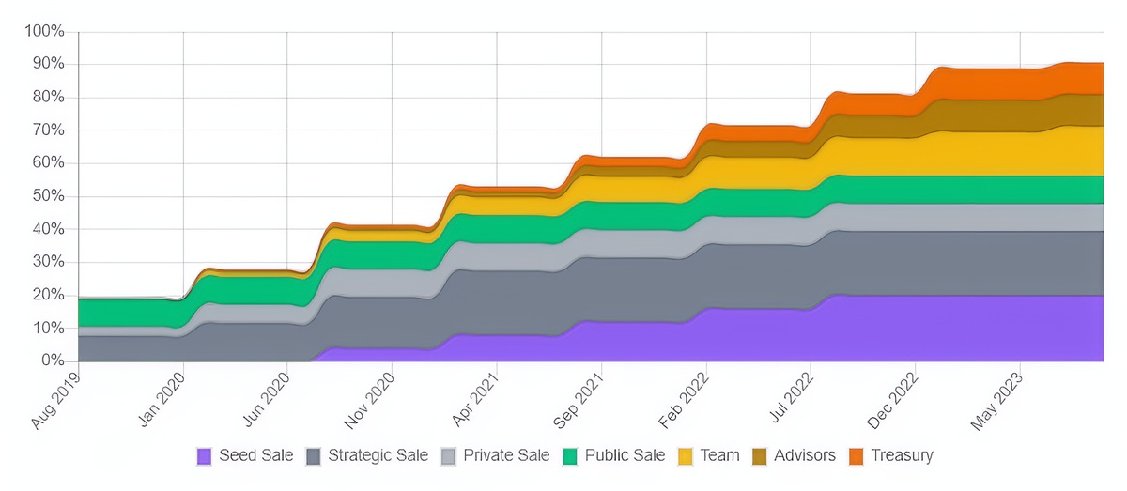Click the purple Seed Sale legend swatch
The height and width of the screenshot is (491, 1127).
coord(205,456)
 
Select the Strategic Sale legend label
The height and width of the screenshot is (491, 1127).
coord(378,455)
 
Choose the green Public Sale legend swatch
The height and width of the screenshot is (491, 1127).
coord(569,456)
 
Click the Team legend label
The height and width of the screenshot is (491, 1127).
coord(719,455)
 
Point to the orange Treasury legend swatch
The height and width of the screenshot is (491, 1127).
coord(856,456)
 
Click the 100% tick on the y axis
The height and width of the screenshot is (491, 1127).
coord(44,32)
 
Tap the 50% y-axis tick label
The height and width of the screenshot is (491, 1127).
coord(48,196)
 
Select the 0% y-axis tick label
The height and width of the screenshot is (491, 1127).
coord(52,361)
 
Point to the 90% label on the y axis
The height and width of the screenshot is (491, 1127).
coord(48,65)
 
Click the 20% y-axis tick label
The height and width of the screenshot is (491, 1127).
coord(48,295)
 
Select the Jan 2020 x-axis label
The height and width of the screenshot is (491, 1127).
coord(162,399)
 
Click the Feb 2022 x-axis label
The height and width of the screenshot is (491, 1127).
coord(686,399)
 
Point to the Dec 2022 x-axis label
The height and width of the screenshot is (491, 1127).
coord(895,399)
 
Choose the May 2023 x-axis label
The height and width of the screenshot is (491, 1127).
coord(998,399)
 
